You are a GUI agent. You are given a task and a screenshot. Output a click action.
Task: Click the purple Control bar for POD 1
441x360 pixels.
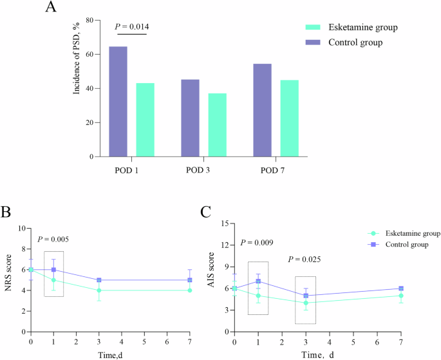tap(118, 101)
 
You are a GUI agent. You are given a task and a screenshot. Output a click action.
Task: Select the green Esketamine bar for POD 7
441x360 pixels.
tap(289, 118)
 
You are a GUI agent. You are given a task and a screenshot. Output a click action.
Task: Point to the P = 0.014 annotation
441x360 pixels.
tap(131, 26)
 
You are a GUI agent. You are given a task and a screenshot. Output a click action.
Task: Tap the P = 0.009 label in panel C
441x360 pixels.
tap(258, 243)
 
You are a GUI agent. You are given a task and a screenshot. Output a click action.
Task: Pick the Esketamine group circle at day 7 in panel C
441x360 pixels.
tap(401, 296)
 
